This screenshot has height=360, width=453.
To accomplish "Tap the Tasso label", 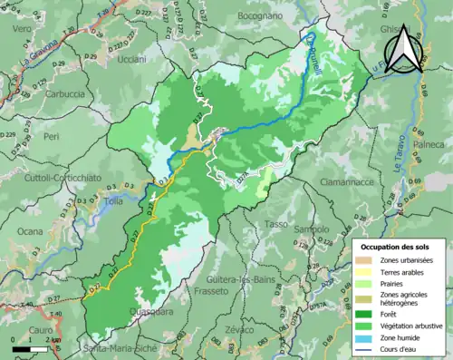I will tap(276, 224).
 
